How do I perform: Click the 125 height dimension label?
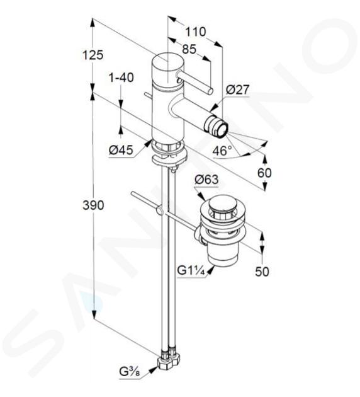(x=93, y=55)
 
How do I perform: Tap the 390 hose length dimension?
(x=93, y=205)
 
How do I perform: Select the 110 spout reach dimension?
(x=196, y=32)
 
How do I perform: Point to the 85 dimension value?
(x=189, y=49)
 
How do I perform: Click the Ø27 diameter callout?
(x=237, y=89)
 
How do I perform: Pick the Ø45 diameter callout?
(x=121, y=151)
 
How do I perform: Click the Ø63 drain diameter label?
(x=206, y=180)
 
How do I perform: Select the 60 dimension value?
(x=264, y=173)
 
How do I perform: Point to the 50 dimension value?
(x=262, y=272)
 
